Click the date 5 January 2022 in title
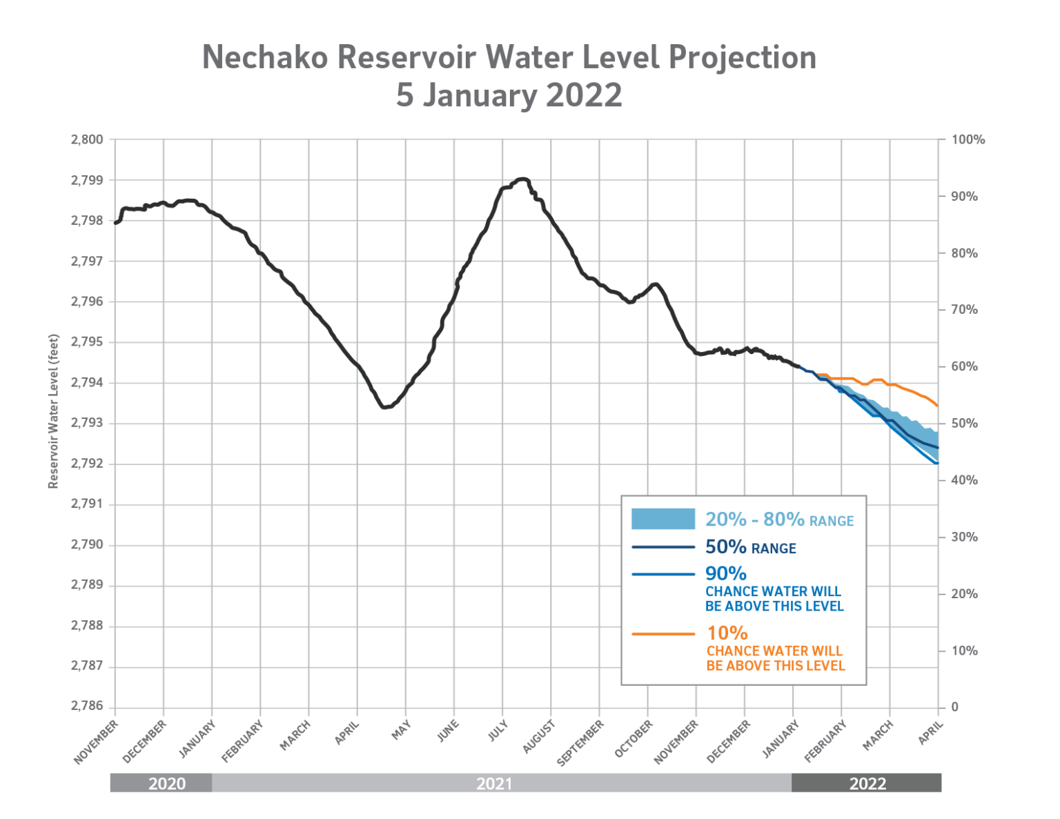point(509,95)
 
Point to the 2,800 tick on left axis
point(87,139)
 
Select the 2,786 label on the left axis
point(87,707)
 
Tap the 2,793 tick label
point(87,423)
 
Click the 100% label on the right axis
point(968,140)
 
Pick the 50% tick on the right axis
point(964,424)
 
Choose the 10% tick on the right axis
point(964,651)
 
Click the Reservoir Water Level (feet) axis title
point(53,412)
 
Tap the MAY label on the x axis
point(401,730)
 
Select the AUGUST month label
point(539,736)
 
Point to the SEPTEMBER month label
point(580,742)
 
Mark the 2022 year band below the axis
point(867,783)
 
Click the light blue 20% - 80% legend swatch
point(662,519)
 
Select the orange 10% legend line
point(662,633)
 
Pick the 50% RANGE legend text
point(750,548)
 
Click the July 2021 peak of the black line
point(522,179)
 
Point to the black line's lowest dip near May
point(384,407)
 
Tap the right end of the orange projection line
point(936,406)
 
